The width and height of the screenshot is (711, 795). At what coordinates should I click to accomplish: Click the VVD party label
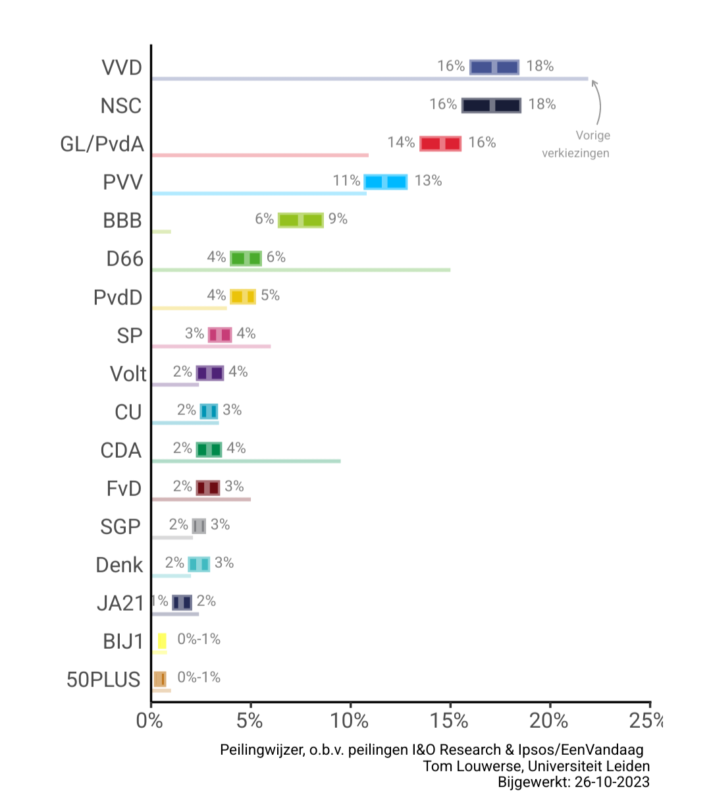tap(122, 68)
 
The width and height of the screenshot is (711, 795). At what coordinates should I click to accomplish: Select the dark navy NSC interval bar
tap(491, 105)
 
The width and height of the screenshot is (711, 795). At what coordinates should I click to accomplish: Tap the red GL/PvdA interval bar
tap(440, 144)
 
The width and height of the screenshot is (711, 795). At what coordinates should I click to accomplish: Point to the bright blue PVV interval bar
tap(386, 182)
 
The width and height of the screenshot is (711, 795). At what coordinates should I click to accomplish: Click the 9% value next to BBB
tap(338, 219)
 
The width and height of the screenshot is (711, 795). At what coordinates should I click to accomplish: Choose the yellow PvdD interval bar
tap(243, 296)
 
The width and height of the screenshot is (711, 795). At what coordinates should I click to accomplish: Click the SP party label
tap(129, 336)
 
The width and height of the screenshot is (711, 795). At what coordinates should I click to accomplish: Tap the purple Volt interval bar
tap(210, 373)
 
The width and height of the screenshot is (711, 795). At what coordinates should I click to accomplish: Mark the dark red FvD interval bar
tap(208, 488)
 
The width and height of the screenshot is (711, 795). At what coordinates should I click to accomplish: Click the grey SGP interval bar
tap(199, 526)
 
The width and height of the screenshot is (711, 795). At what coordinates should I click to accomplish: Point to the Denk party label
tap(119, 565)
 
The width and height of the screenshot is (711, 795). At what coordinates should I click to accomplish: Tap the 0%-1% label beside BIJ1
tap(199, 640)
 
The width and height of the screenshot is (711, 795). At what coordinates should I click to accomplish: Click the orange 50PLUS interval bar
tap(159, 679)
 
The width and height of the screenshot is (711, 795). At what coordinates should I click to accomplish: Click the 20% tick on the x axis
tap(549, 721)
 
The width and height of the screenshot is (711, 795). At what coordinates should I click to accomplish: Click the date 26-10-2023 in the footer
tap(612, 782)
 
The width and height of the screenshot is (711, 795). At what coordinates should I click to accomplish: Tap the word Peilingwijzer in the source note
tap(261, 750)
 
